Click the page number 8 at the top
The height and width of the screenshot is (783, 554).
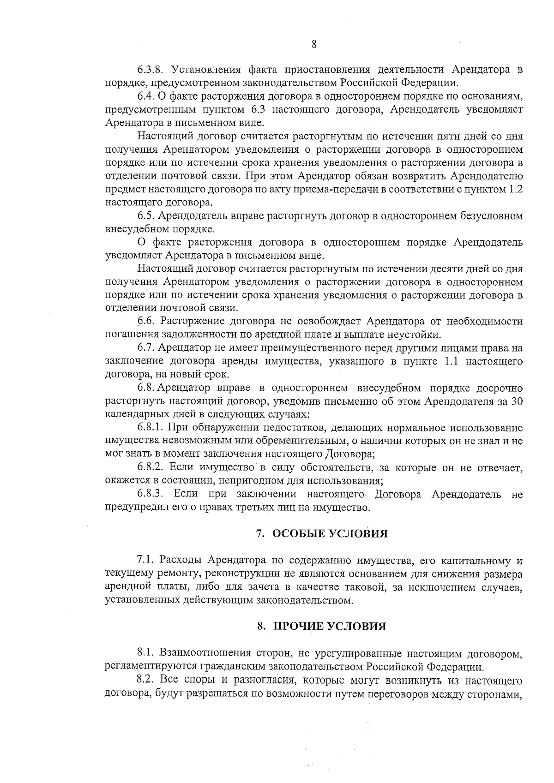pos(313,44)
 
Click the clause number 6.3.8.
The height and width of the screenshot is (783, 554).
pos(151,70)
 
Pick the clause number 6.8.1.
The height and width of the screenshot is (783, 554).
pos(151,427)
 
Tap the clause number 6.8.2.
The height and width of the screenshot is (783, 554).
pos(151,468)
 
